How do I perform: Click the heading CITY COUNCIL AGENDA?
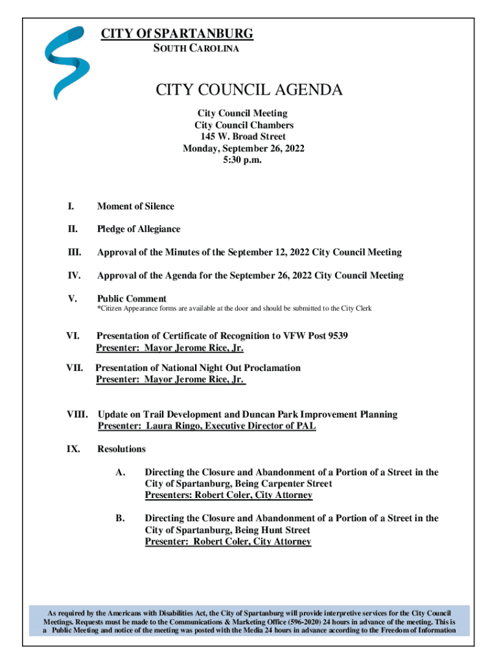tap(249, 90)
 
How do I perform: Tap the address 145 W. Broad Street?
tap(244, 137)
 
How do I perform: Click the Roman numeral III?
tap(73, 252)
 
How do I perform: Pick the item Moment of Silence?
tap(135, 206)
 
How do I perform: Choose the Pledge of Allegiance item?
tap(139, 229)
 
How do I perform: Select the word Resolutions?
tap(121, 449)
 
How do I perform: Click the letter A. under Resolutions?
tap(120, 472)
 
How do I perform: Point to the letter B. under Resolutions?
tap(120, 518)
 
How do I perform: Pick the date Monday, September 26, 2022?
tap(244, 148)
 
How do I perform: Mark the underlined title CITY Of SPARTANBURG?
tap(176, 34)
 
